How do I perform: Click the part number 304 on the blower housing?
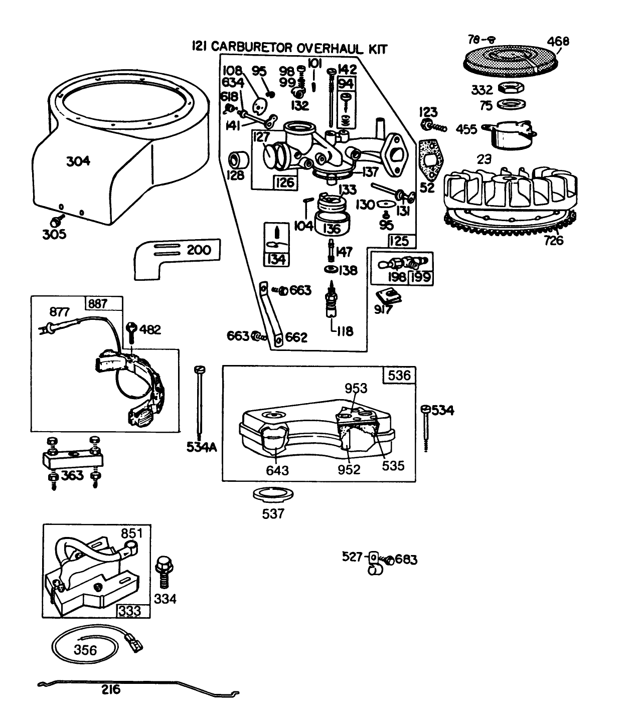point(79,161)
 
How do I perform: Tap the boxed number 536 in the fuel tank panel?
point(399,375)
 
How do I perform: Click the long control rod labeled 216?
point(135,686)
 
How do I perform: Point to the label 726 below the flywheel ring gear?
point(553,240)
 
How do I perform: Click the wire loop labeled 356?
point(85,649)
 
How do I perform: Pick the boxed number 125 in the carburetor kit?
point(399,241)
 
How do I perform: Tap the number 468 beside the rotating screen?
point(558,41)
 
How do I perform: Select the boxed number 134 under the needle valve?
point(276,259)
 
